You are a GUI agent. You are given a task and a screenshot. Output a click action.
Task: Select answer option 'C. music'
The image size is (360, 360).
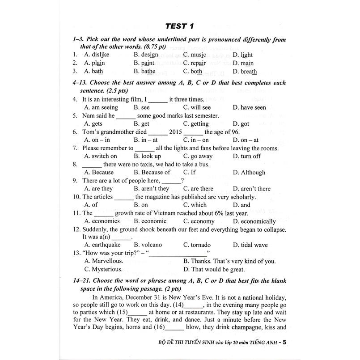pyautogui.click(x=195, y=55)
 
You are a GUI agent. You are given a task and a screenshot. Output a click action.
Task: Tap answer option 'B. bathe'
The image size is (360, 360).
pyautogui.click(x=144, y=72)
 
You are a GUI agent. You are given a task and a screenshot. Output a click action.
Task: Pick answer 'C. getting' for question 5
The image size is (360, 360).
pyautogui.click(x=196, y=124)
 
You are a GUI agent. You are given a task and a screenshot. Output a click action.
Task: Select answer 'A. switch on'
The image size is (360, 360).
pyautogui.click(x=101, y=156)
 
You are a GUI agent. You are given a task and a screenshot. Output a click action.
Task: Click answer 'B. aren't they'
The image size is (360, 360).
pyautogui.click(x=151, y=189)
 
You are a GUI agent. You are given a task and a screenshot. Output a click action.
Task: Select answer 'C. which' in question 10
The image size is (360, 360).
pyautogui.click(x=195, y=205)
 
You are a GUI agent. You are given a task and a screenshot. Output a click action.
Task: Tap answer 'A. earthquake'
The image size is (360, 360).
pyautogui.click(x=102, y=245)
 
